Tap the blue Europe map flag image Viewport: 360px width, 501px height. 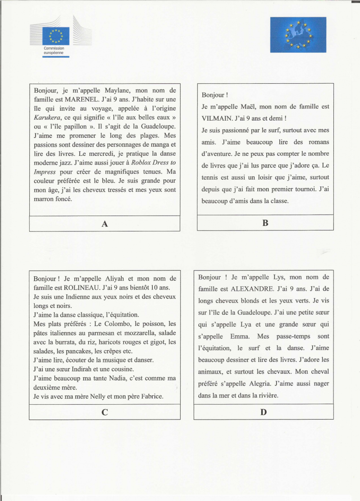point(298,35)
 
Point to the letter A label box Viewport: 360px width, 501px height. point(105,224)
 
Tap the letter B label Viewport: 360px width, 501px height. point(265,223)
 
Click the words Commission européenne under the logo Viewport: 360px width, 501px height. point(54,50)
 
